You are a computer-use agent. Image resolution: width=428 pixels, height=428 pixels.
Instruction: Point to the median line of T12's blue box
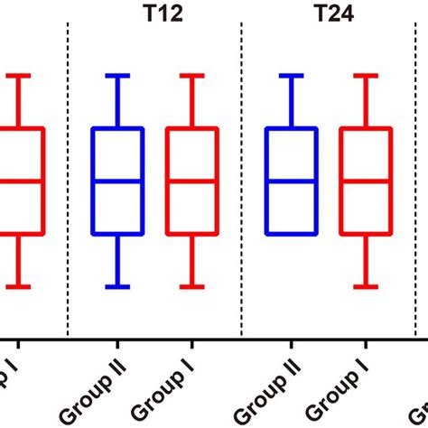coord(117,181)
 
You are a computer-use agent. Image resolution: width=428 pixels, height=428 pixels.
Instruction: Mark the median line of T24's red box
coord(365,181)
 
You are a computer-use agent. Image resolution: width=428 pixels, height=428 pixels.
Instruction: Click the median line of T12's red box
coord(191,181)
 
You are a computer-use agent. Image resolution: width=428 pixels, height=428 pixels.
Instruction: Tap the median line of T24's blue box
coord(291,181)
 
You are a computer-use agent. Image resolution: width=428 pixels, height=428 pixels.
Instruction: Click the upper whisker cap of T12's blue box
coord(117,76)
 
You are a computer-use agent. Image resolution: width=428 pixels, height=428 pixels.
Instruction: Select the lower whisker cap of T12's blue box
coord(117,287)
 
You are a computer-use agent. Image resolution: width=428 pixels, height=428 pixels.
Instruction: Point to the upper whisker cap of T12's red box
coord(191,76)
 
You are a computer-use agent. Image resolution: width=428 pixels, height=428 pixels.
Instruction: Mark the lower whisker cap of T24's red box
coord(365,287)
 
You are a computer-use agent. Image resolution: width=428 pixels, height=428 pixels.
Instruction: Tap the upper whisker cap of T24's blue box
coord(291,76)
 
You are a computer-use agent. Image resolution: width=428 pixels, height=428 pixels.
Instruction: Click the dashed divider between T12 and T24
coord(242,181)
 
